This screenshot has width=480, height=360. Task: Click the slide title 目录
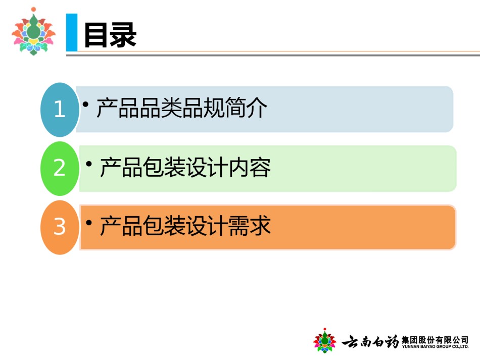(110, 35)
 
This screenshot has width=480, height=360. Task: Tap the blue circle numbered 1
(60, 110)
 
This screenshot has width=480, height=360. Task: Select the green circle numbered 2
(60, 168)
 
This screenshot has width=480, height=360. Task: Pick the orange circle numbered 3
(60, 227)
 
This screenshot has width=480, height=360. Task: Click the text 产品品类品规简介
(182, 108)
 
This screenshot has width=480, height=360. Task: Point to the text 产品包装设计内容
(185, 167)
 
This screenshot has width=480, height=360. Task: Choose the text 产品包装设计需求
(185, 226)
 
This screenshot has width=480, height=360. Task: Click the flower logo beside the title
(33, 31)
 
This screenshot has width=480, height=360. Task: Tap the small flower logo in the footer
(324, 340)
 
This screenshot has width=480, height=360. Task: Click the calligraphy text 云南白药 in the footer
(370, 341)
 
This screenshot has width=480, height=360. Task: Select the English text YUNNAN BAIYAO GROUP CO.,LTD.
(435, 346)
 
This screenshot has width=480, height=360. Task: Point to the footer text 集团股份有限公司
(435, 340)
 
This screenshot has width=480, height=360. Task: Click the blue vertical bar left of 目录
(72, 32)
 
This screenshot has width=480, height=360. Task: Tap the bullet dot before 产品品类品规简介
(86, 105)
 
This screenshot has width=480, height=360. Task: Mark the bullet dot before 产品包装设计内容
(89, 164)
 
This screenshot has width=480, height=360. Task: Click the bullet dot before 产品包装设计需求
(89, 223)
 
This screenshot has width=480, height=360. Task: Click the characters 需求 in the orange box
(250, 226)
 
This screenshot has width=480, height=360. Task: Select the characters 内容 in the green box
(250, 167)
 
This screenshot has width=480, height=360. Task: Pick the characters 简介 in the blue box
(246, 108)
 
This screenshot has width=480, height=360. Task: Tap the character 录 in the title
(123, 35)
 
